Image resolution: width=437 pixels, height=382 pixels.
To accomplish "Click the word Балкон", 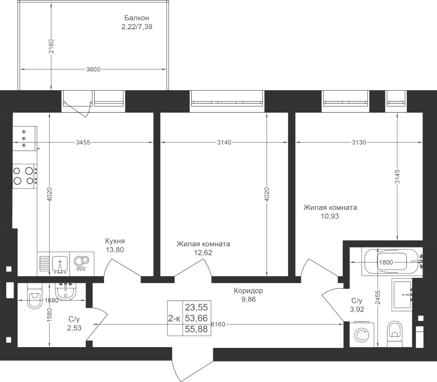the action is [136, 18].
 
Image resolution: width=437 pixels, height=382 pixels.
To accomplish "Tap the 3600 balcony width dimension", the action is [93, 69].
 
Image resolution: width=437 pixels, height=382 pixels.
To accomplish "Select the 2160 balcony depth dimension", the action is [50, 47].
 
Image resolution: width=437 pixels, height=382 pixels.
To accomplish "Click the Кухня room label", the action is [115, 241].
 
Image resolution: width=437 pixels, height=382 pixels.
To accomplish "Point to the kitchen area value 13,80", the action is [115, 250].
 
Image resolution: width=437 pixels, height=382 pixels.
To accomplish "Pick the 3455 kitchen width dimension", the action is [83, 142].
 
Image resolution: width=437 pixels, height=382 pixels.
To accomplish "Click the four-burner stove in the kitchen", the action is [25, 176].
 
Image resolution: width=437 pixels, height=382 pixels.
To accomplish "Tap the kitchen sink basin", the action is [60, 264].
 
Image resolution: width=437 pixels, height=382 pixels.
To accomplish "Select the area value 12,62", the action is [203, 253].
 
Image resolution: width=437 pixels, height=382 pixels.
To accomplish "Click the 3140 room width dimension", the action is [224, 142].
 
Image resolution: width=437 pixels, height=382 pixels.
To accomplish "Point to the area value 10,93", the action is [330, 216].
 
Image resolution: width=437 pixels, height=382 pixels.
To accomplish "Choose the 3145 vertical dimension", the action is [397, 176].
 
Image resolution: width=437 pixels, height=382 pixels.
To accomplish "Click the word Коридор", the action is [248, 291].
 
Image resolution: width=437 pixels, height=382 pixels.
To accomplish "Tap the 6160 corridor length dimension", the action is [218, 324].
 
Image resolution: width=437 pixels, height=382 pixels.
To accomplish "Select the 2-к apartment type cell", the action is [174, 318].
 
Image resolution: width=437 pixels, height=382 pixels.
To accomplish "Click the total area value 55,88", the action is [197, 330].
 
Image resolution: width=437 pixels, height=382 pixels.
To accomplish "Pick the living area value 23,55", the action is [197, 307].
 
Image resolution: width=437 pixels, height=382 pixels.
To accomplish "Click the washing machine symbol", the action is [362, 334].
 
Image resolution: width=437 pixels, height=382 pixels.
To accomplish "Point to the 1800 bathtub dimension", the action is [386, 262].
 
